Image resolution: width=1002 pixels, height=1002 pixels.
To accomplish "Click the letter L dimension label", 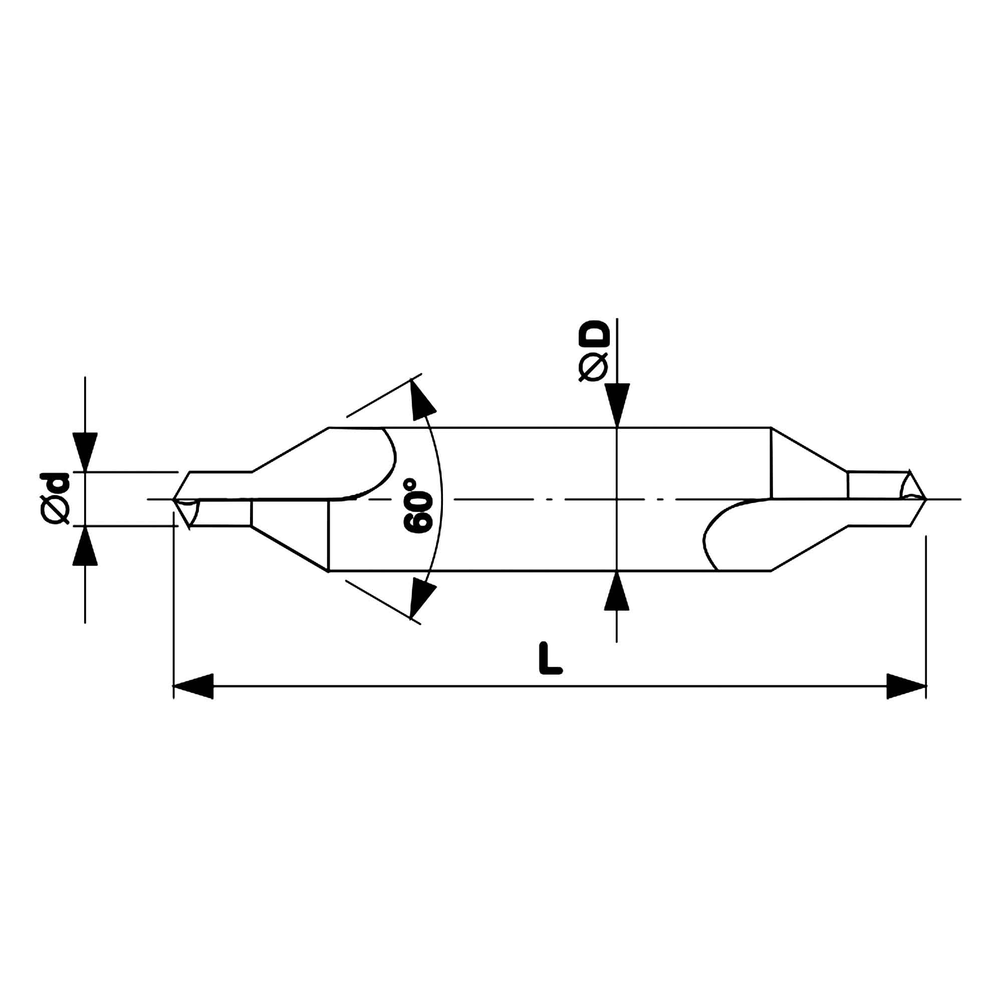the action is click(550, 658).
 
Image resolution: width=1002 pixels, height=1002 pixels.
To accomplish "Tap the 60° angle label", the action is click(417, 505).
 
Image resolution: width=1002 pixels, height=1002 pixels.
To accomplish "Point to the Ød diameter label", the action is click(55, 498).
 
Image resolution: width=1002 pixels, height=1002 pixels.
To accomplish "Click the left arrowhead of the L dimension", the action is click(193, 686).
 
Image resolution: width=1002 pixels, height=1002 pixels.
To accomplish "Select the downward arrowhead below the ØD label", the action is click(617, 405).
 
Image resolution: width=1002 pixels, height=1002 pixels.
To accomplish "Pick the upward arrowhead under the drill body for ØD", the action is click(617, 591).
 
